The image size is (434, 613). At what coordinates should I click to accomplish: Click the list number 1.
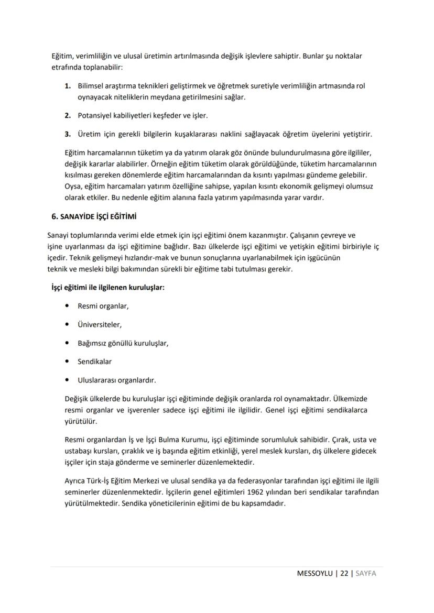pyautogui.click(x=67, y=85)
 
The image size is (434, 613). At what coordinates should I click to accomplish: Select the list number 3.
pyautogui.click(x=67, y=134)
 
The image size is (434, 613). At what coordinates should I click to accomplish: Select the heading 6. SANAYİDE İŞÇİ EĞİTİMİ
pyautogui.click(x=96, y=216)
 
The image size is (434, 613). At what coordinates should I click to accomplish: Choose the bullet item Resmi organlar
pyautogui.click(x=103, y=306)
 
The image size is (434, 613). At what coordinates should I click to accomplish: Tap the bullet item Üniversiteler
pyautogui.click(x=100, y=325)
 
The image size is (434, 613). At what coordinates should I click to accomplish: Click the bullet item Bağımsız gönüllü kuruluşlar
pyautogui.click(x=123, y=343)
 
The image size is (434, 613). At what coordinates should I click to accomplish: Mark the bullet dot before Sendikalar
pyautogui.click(x=67, y=362)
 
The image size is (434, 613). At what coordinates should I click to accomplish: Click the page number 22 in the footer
pyautogui.click(x=344, y=573)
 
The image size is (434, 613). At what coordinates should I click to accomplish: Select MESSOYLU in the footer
pyautogui.click(x=314, y=573)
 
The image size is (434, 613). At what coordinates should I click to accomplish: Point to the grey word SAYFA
pyautogui.click(x=366, y=573)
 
